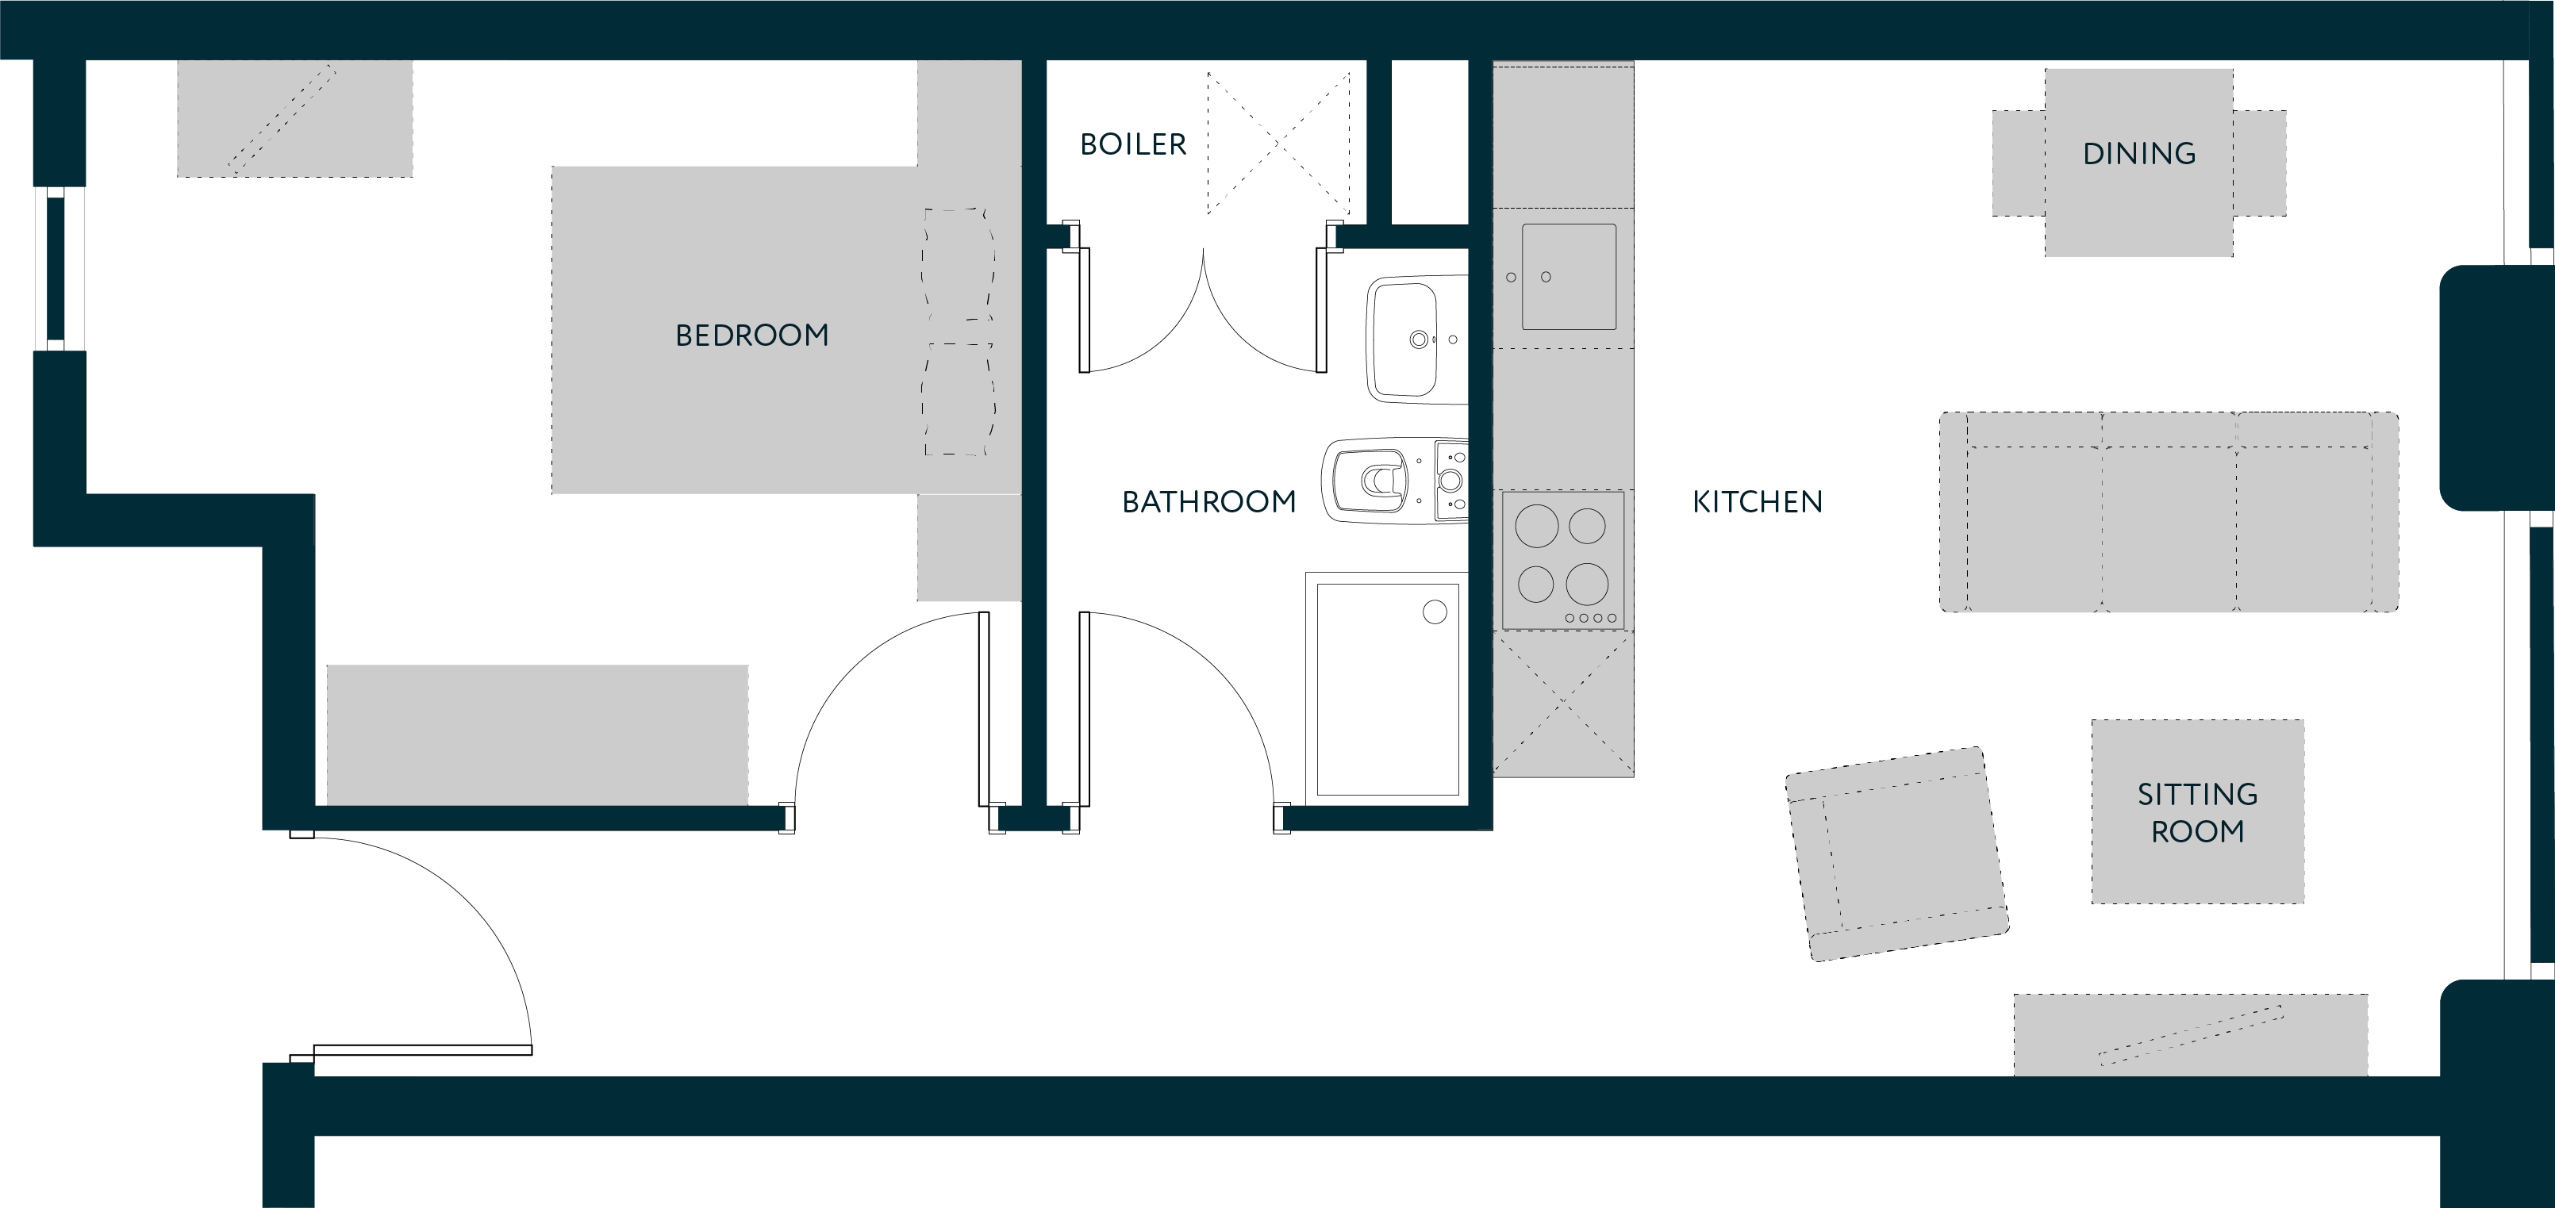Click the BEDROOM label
pyautogui.click(x=752, y=336)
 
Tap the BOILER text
pyautogui.click(x=1133, y=145)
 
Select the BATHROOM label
pyautogui.click(x=1209, y=502)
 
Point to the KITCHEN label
pyautogui.click(x=1758, y=502)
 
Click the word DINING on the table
pyautogui.click(x=2138, y=154)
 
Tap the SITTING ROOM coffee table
pyautogui.click(x=2198, y=811)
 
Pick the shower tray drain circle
pyautogui.click(x=1435, y=612)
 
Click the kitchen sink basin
pyautogui.click(x=1569, y=277)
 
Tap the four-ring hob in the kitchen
pyautogui.click(x=1562, y=560)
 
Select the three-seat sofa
pyautogui.click(x=2169, y=512)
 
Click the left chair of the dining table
pyautogui.click(x=2019, y=163)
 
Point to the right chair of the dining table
pyautogui.click(x=2260, y=163)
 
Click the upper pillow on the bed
pyautogui.click(x=959, y=264)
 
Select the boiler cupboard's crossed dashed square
pyautogui.click(x=1278, y=143)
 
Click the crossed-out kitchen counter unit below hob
pyautogui.click(x=1563, y=704)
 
